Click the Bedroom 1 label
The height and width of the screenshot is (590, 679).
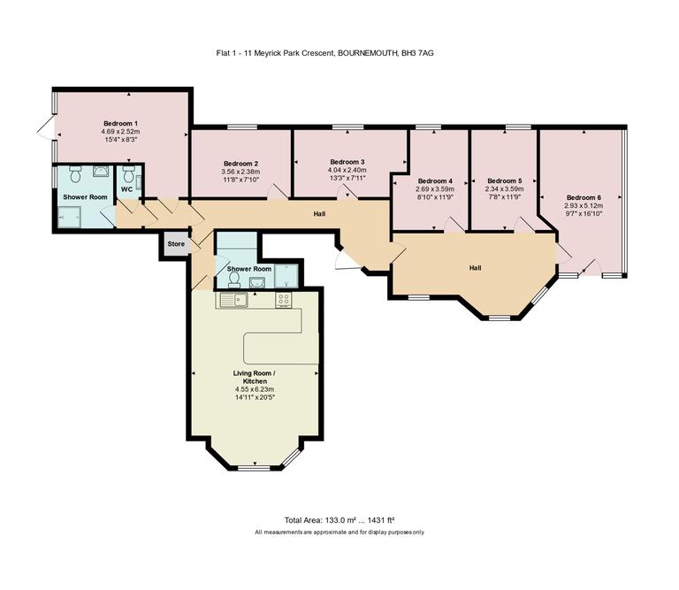click(x=120, y=123)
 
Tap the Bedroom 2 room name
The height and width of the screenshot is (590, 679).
click(x=240, y=164)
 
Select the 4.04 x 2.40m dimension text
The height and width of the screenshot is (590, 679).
click(x=347, y=171)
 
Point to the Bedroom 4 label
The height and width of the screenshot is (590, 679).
click(x=434, y=180)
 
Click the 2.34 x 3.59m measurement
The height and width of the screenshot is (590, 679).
click(x=505, y=188)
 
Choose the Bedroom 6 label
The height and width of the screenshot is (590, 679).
click(x=584, y=197)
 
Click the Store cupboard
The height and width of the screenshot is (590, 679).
click(x=175, y=244)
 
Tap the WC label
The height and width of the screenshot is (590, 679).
click(x=126, y=189)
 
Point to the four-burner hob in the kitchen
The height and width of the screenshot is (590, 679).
click(x=284, y=299)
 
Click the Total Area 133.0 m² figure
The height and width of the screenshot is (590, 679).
click(x=339, y=520)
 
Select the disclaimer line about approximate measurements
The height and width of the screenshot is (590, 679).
click(x=339, y=532)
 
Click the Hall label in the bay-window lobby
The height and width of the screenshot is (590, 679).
click(x=475, y=268)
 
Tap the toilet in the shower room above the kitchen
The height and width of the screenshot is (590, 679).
click(x=233, y=279)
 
